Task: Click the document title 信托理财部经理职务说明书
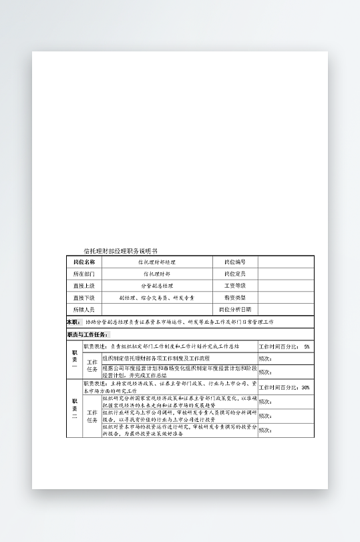click(x=120, y=251)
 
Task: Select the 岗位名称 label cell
click(x=84, y=262)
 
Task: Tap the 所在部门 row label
click(x=84, y=274)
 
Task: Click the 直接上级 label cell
click(x=84, y=286)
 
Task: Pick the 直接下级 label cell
click(x=84, y=298)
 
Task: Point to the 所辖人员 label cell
click(x=84, y=310)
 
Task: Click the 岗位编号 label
click(x=235, y=262)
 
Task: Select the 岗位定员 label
click(x=235, y=274)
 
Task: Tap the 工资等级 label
click(x=235, y=286)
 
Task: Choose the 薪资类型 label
click(x=235, y=298)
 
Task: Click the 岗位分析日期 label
click(x=235, y=310)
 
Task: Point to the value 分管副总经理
click(x=156, y=286)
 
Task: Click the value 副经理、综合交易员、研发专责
click(x=156, y=298)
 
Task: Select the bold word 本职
click(x=73, y=322)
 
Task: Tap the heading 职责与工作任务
click(x=87, y=334)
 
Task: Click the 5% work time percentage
click(x=307, y=347)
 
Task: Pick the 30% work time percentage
click(x=305, y=387)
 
